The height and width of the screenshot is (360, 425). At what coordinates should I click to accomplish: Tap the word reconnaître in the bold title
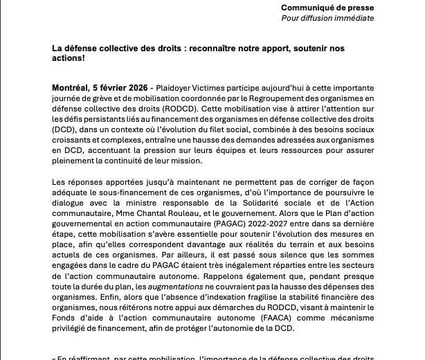(x=208, y=48)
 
